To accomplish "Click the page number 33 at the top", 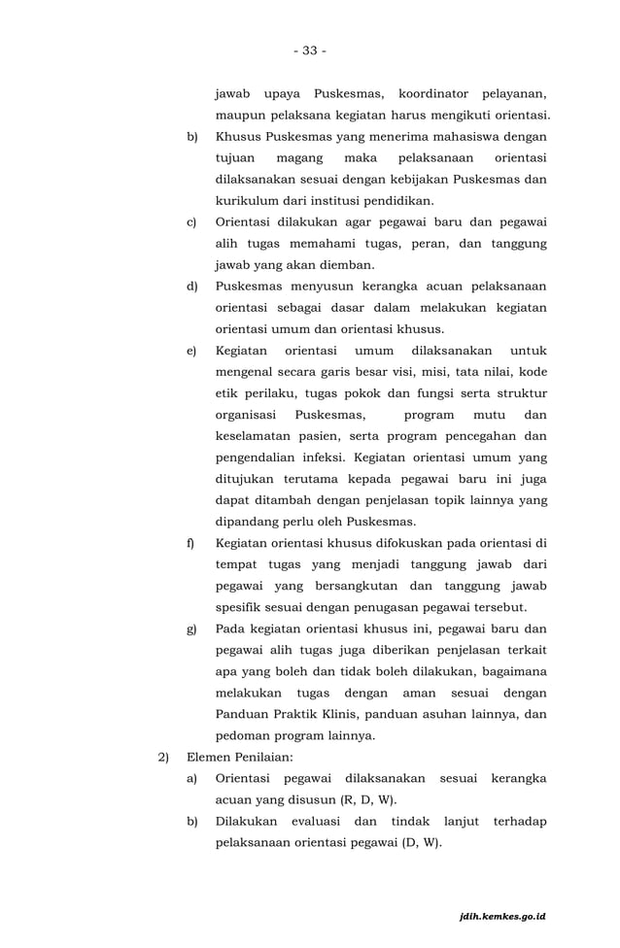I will (x=309, y=51).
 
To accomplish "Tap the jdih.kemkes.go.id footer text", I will (x=503, y=916).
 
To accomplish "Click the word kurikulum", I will (x=248, y=200).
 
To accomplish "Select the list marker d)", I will (x=192, y=286).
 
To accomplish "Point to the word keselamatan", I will (x=256, y=435).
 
